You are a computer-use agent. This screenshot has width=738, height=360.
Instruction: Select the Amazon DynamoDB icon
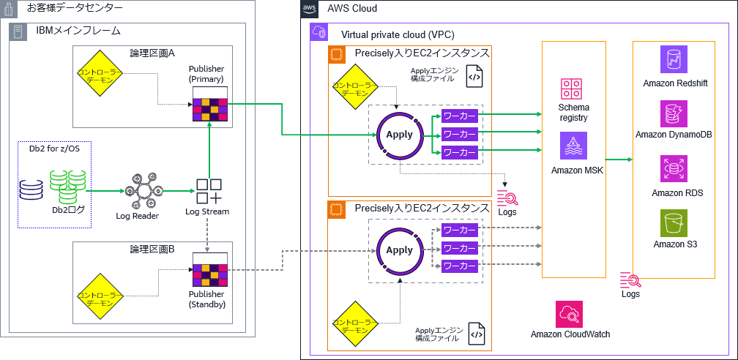point(674,113)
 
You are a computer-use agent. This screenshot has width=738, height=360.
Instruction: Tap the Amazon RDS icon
point(674,169)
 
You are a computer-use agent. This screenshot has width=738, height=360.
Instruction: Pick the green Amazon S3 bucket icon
point(674,222)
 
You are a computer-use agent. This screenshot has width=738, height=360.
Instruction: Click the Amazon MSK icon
point(572,146)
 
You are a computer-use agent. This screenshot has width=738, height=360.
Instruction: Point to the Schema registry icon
point(572,89)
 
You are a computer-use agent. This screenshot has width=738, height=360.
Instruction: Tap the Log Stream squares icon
point(209,192)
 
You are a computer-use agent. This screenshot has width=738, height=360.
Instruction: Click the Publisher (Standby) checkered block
point(209,271)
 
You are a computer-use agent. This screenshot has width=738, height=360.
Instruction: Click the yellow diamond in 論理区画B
point(100,296)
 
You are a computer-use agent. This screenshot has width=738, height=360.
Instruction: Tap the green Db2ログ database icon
point(68,187)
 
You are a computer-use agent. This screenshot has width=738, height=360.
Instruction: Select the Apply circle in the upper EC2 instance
point(399,135)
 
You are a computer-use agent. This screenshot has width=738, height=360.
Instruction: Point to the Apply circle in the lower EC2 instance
point(399,250)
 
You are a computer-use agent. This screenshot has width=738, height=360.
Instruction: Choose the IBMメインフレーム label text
point(78,31)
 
